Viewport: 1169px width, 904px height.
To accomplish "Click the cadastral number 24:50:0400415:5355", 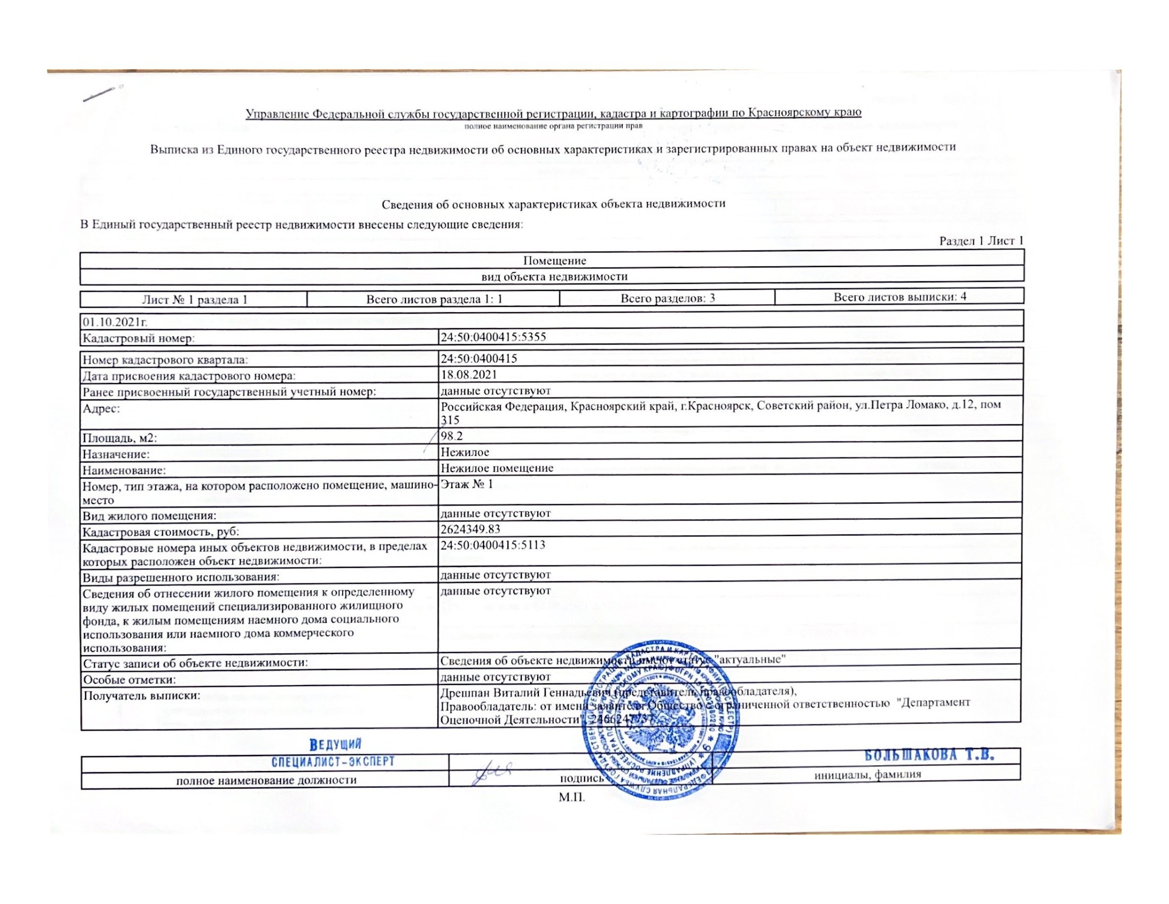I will [493, 337].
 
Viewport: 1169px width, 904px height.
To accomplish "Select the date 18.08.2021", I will [468, 374].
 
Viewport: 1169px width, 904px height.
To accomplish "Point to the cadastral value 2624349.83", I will [470, 529].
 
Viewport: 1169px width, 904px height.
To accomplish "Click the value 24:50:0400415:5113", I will [493, 545].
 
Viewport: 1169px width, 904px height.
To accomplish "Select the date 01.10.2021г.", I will [115, 322].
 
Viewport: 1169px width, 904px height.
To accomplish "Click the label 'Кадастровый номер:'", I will [138, 338].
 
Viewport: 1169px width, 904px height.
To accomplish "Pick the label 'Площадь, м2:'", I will [120, 438].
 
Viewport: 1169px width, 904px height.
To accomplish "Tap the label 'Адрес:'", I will [101, 408].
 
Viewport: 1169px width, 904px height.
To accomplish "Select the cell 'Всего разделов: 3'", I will [667, 298].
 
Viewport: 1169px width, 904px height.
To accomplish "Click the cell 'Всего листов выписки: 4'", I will [899, 297].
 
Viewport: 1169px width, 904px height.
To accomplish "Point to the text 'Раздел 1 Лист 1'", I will [981, 241].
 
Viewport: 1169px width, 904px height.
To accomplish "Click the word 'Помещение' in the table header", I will [555, 261].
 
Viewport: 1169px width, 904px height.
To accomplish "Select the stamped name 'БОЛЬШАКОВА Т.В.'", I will [929, 756].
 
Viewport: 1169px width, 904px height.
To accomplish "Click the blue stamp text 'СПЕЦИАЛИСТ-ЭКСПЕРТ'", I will [333, 761].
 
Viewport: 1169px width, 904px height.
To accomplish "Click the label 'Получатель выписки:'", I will [141, 696].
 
